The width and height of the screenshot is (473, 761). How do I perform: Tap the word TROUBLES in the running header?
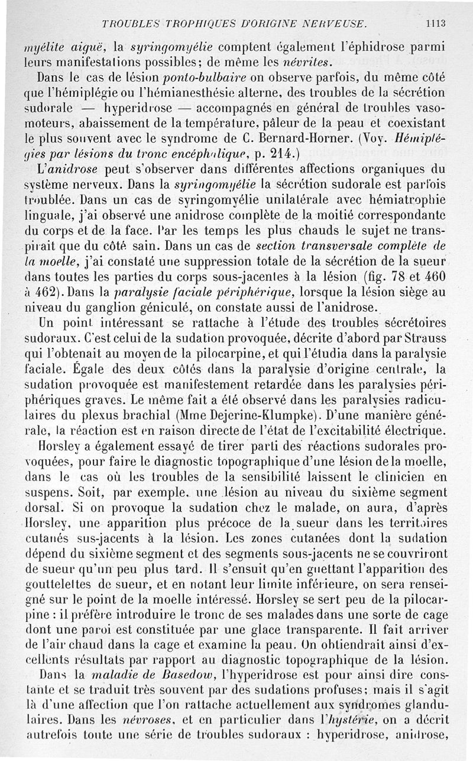127,24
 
